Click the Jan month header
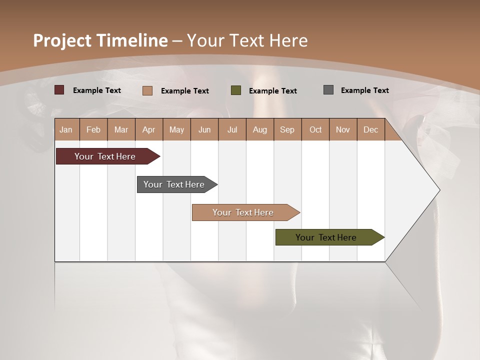(x=66, y=129)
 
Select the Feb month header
(x=93, y=129)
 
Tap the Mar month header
(x=121, y=129)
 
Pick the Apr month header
(x=149, y=129)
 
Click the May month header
(x=176, y=129)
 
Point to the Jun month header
(x=204, y=129)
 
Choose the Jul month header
(x=232, y=129)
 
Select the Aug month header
(x=260, y=129)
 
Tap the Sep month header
(x=287, y=129)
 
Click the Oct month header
(x=315, y=129)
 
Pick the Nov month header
(x=343, y=129)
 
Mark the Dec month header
(x=371, y=129)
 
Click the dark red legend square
(x=59, y=90)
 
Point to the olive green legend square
(x=236, y=90)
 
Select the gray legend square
(x=328, y=90)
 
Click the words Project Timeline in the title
(x=100, y=40)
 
